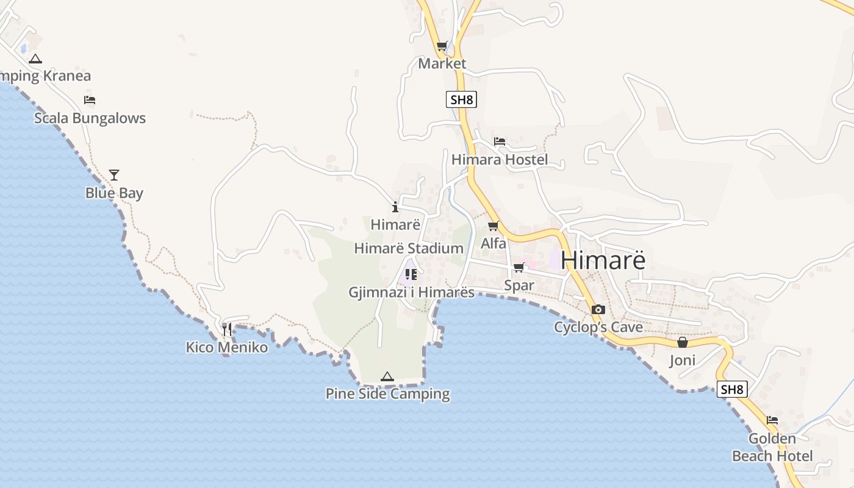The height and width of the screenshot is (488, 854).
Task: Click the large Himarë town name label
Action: coord(603,260)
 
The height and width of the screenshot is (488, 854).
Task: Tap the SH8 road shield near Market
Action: coord(461,99)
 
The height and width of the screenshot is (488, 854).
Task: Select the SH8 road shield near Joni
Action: coord(732,389)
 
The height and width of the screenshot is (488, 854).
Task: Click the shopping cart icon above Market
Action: coord(442,46)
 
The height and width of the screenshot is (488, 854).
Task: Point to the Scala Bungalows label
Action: coord(90,118)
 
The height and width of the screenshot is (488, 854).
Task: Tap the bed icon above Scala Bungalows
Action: coord(90,100)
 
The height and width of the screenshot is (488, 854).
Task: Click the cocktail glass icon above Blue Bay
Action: coord(114,175)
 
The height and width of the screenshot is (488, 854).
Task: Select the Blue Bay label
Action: coord(114,193)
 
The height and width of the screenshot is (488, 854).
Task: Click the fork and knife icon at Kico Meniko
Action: coord(227,329)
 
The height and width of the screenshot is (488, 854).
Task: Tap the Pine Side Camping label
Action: coord(388,394)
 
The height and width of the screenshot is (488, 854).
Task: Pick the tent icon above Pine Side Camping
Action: coord(387,376)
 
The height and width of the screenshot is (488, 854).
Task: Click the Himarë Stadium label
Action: coord(409,248)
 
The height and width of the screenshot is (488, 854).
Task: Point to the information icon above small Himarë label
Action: coord(395,207)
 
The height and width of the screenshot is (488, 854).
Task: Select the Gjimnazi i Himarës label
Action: coord(411,292)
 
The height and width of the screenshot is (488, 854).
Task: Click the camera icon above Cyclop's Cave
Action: coord(598,309)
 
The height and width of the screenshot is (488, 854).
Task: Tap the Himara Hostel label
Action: coord(500,160)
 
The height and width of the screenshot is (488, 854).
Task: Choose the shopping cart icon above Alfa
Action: coord(493,226)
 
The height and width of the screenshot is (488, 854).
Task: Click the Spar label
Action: coord(519,285)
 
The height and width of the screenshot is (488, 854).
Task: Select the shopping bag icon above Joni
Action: coord(682,343)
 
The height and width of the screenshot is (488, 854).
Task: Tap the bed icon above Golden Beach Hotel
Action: coord(772,420)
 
